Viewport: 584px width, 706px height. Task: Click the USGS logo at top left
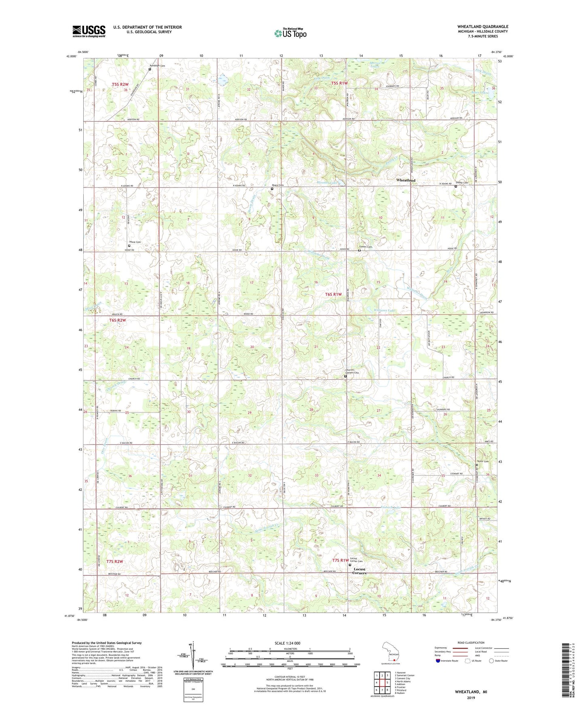pos(89,31)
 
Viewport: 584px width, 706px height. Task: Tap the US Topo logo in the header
pos(290,33)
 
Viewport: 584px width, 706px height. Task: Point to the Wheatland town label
pos(405,180)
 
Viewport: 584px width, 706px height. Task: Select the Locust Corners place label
pos(359,571)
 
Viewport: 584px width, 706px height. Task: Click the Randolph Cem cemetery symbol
pos(150,69)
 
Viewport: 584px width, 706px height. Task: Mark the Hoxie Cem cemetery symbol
pos(129,245)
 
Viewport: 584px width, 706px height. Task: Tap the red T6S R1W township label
pos(333,294)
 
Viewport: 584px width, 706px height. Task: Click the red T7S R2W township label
pos(114,561)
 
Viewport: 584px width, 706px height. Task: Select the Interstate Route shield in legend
pos(438,661)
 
